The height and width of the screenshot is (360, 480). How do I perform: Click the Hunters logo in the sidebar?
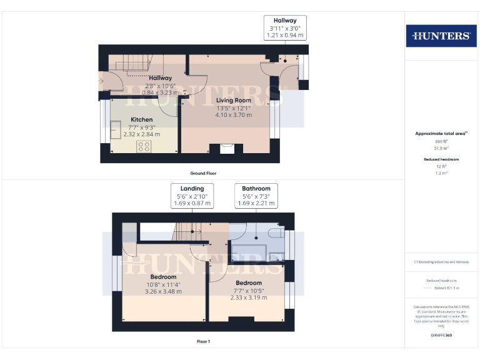pos(441,36)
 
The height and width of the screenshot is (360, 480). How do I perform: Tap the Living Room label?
pos(234,100)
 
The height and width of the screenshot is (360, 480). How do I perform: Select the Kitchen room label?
pos(141,119)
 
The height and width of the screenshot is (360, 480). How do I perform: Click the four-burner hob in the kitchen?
pos(143,146)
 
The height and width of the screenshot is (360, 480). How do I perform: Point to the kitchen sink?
pos(116,132)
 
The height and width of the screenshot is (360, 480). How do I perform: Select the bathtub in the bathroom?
pos(249,253)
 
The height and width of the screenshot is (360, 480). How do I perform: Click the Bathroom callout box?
pos(256,196)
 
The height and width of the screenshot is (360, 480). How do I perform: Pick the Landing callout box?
pos(192,196)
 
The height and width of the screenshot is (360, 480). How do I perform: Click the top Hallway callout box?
pos(286,28)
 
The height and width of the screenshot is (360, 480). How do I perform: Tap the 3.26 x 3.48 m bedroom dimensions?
pos(163,291)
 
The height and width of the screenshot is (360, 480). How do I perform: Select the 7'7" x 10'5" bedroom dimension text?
pos(249,290)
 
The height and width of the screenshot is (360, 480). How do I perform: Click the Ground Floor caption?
pos(203,173)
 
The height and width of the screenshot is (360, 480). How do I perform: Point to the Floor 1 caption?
pos(203,341)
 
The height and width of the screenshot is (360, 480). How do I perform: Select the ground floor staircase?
pos(135,62)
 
